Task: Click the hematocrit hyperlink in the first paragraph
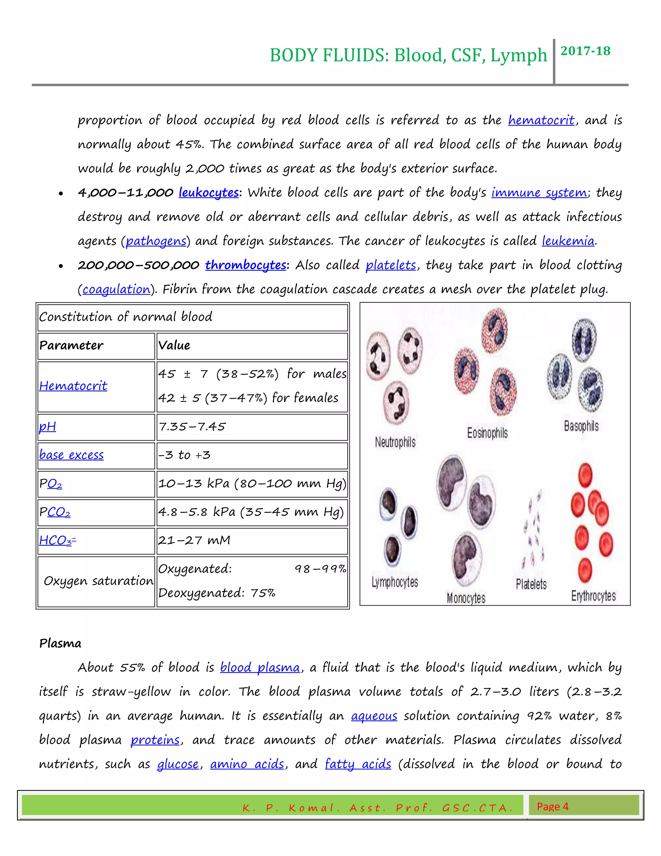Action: tap(541, 120)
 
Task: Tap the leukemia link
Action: tap(568, 241)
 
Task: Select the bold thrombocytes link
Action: tap(246, 265)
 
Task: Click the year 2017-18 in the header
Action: tap(585, 51)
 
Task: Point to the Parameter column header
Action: tap(71, 345)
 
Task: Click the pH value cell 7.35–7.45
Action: tap(192, 426)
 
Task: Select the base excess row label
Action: tap(71, 455)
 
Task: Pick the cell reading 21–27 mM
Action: tap(194, 540)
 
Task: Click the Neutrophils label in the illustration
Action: tap(395, 442)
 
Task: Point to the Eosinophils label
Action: tap(487, 433)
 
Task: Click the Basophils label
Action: tap(581, 426)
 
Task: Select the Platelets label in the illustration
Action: tap(531, 584)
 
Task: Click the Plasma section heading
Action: tap(60, 643)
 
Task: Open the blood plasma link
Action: tap(259, 667)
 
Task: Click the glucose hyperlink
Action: tap(178, 764)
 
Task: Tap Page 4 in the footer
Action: tap(552, 807)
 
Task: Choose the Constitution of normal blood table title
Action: tap(126, 317)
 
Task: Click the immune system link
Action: tap(539, 193)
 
